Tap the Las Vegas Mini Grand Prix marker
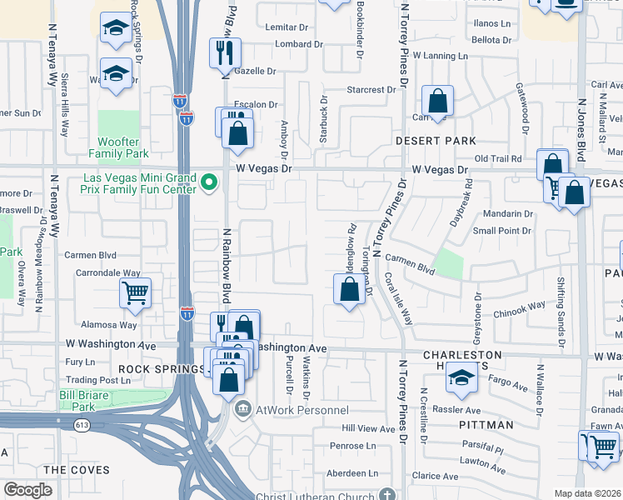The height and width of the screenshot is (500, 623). pyautogui.click(x=210, y=181)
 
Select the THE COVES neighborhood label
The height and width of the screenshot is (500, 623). pyautogui.click(x=76, y=470)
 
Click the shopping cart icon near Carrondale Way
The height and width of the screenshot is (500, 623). pyautogui.click(x=135, y=292)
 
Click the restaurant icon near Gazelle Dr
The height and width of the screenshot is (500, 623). pyautogui.click(x=224, y=54)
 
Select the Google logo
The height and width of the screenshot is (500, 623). pyautogui.click(x=28, y=490)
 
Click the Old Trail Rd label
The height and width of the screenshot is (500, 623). pyautogui.click(x=497, y=158)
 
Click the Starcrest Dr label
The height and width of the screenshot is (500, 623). pyautogui.click(x=371, y=90)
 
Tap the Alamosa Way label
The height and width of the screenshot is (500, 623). pyautogui.click(x=115, y=325)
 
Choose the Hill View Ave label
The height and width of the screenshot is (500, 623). pyautogui.click(x=368, y=428)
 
